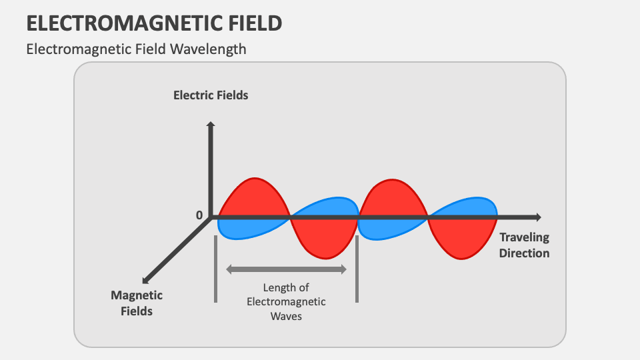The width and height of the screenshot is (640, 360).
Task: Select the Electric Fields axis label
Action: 211,95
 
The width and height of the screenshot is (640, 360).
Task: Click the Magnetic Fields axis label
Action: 137,303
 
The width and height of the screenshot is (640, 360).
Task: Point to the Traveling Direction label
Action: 524,245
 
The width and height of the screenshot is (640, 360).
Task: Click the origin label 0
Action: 199,215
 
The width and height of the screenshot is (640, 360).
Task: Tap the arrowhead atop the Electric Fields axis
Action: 211,125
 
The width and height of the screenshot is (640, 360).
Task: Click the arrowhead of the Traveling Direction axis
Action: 537,217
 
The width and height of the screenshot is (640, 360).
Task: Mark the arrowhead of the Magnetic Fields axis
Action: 145,278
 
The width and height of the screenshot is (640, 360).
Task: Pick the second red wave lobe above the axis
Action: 393,199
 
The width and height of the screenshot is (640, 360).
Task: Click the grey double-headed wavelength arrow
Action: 287,269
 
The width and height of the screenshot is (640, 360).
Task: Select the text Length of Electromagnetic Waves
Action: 287,301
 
